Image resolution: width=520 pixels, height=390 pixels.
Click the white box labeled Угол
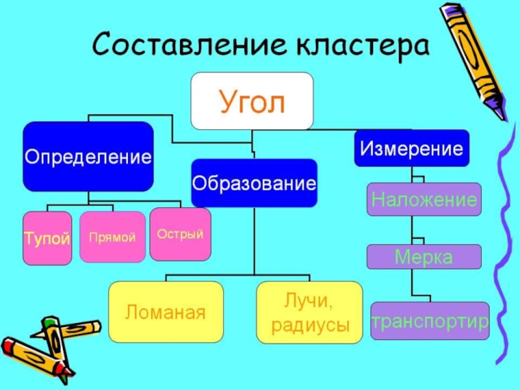252,101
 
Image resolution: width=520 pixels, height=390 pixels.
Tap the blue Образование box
254,183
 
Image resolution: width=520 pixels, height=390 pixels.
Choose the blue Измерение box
411,149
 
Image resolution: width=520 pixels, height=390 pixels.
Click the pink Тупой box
47,238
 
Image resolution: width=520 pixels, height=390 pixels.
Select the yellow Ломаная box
166,312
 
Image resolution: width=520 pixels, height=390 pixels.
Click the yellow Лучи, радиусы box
309,312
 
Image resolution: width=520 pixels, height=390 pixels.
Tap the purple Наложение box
424,199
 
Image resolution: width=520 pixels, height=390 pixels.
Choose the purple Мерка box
424,257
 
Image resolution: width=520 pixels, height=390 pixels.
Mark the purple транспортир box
430,320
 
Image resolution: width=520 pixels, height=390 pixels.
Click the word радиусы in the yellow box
309,324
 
